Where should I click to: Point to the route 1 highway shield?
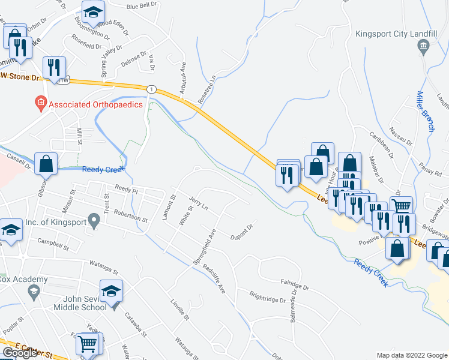pos(152,89)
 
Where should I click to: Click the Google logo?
pos(20,353)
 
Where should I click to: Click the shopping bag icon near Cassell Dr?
pos(46,163)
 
